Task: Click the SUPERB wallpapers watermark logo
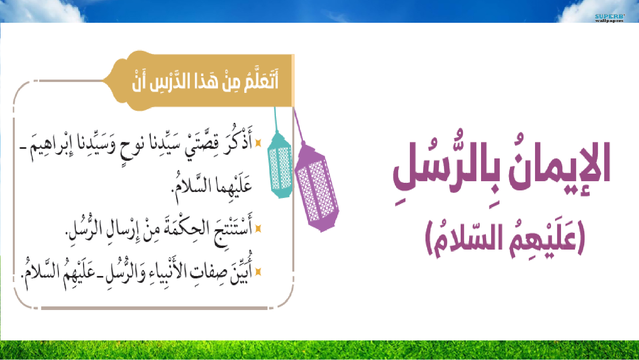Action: (x=610, y=18)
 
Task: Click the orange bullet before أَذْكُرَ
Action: (x=258, y=143)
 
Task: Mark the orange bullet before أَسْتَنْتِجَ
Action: (x=258, y=228)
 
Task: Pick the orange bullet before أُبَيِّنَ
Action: (x=258, y=272)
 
